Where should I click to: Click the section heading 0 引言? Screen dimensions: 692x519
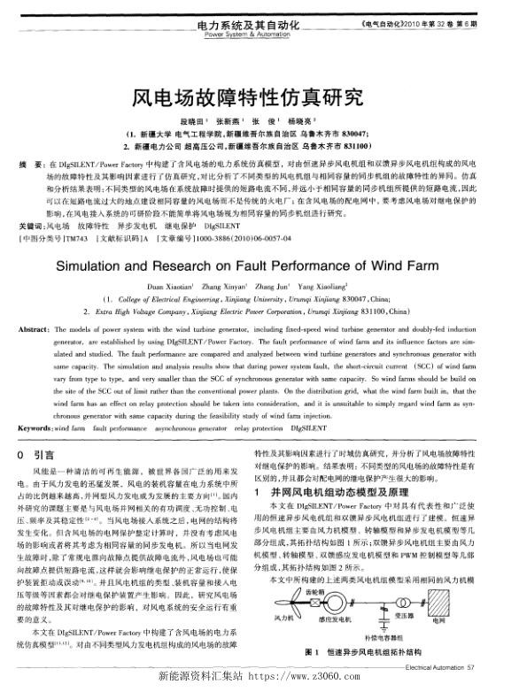tap(40, 431)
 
